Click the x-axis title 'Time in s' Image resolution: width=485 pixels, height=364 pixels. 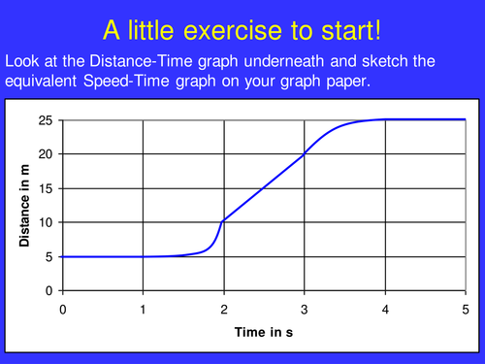click(x=265, y=333)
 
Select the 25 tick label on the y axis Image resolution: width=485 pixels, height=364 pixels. click(x=45, y=120)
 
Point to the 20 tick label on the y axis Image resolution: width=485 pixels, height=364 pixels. click(x=45, y=154)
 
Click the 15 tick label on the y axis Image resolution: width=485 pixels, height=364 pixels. click(x=45, y=188)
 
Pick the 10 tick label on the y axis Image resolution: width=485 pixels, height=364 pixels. click(x=45, y=222)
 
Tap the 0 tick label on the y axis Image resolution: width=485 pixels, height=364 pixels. click(x=48, y=290)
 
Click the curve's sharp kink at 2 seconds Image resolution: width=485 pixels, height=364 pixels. click(x=224, y=222)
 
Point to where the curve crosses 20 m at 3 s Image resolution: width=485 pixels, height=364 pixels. click(x=305, y=154)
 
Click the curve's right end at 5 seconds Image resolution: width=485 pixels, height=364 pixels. click(x=465, y=120)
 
